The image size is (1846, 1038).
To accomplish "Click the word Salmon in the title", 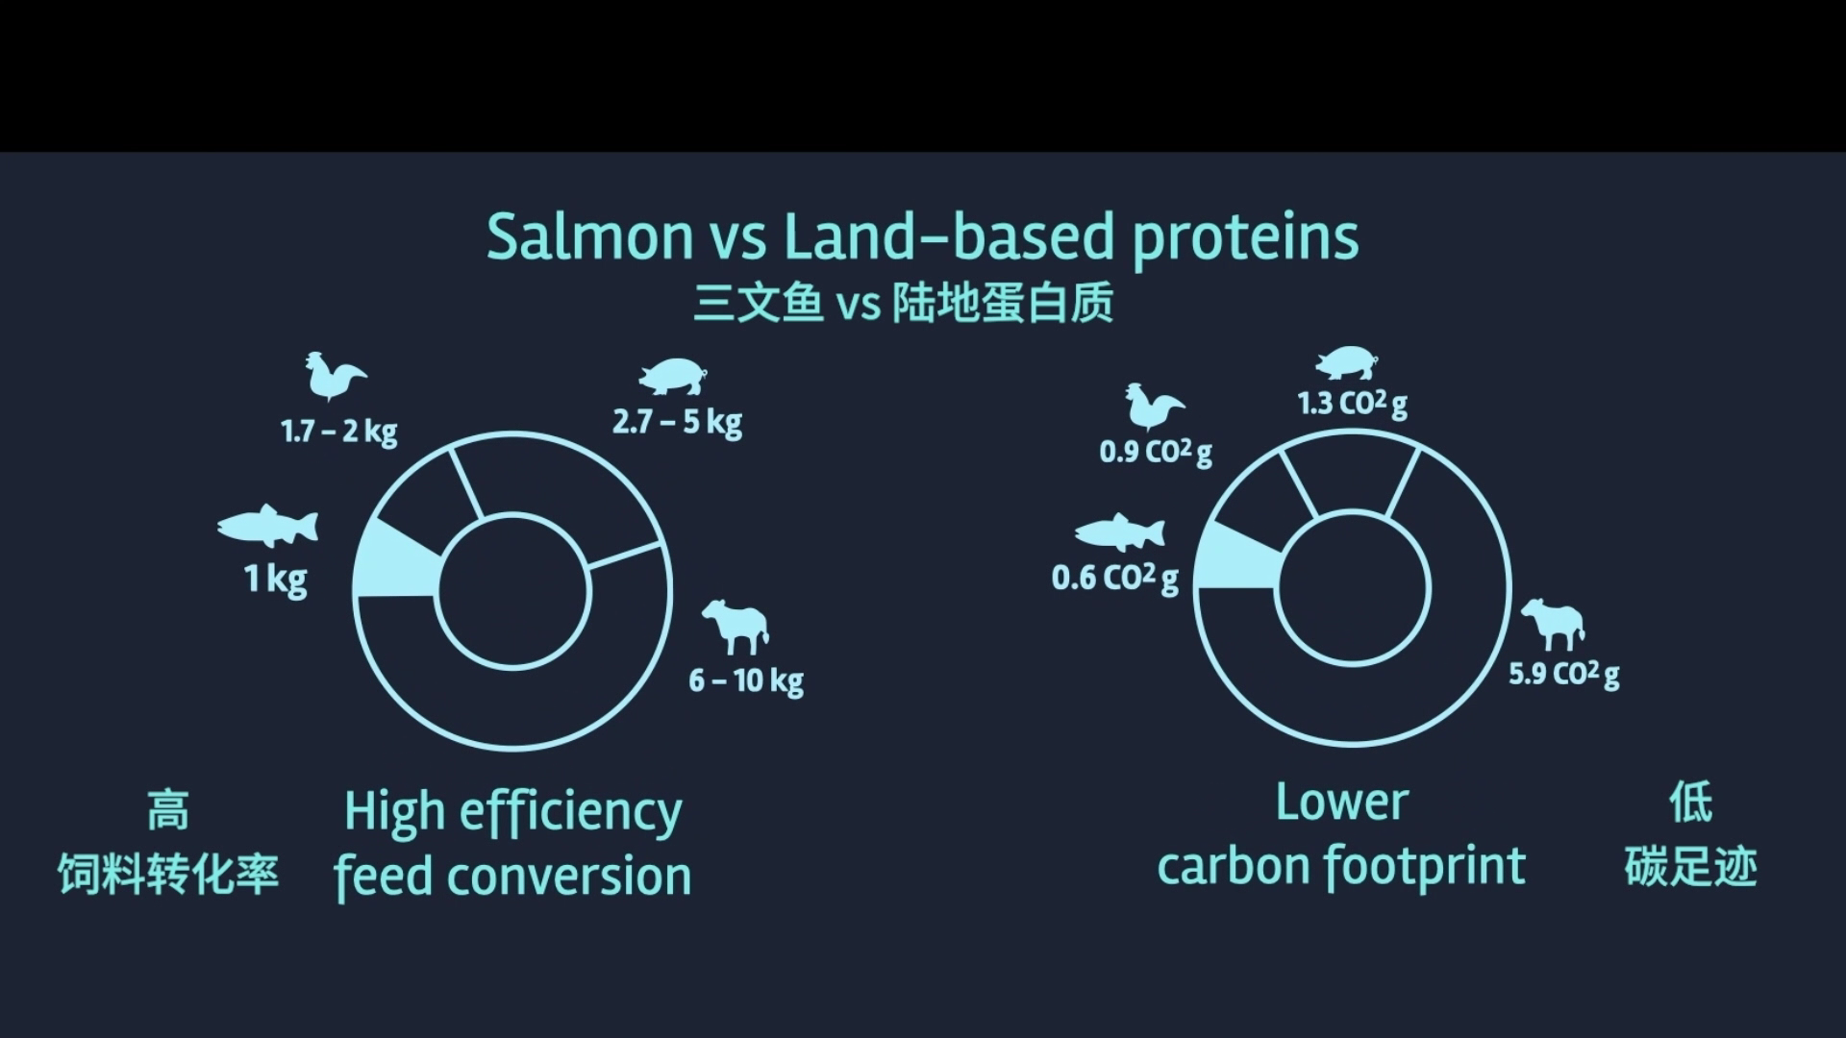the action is (x=589, y=235).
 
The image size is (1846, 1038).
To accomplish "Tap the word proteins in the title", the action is (x=1246, y=238).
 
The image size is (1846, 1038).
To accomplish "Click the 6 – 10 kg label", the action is (x=746, y=680).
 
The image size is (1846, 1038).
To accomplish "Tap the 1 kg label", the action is (x=276, y=579).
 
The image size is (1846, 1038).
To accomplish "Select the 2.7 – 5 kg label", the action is (x=678, y=422).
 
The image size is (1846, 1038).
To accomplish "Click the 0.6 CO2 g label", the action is (x=1115, y=578).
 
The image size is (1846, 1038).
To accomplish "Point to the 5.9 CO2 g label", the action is (x=1564, y=673).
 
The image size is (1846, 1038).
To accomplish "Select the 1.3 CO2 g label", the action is (x=1353, y=403).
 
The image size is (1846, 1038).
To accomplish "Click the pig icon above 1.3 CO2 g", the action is (x=1348, y=363).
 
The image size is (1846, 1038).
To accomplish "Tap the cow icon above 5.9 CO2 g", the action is (x=1553, y=623).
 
